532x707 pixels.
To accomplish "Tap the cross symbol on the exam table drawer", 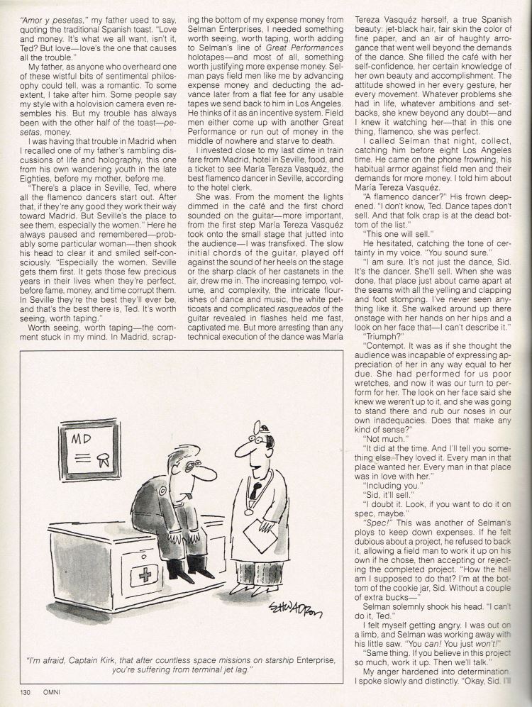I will (x=145, y=573).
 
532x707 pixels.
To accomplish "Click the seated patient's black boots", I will (x=183, y=567).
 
